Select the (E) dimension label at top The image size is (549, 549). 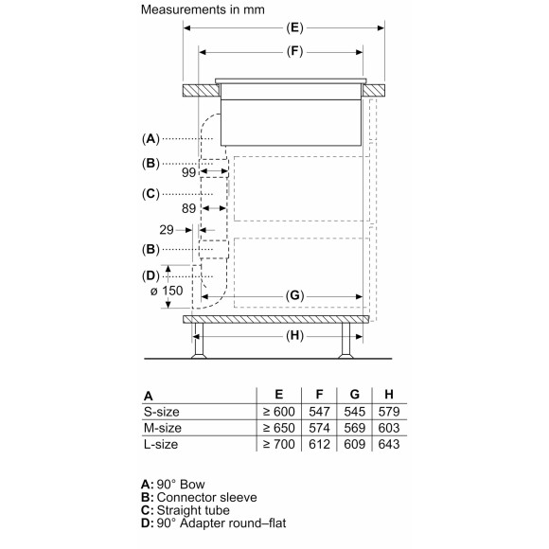click(293, 28)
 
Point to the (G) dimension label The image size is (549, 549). click(294, 296)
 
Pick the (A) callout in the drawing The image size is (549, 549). click(151, 139)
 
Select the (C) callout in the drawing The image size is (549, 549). click(151, 194)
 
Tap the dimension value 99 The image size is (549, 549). click(188, 174)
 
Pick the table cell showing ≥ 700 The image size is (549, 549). click(277, 442)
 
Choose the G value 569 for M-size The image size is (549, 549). click(352, 427)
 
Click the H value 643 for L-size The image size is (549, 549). click(385, 442)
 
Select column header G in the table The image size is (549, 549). click(352, 395)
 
